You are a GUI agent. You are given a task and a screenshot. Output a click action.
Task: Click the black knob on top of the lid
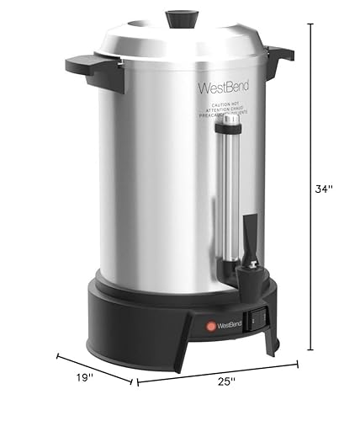click(x=180, y=18)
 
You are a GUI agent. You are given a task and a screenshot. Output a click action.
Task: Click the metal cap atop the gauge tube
click(x=228, y=123)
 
